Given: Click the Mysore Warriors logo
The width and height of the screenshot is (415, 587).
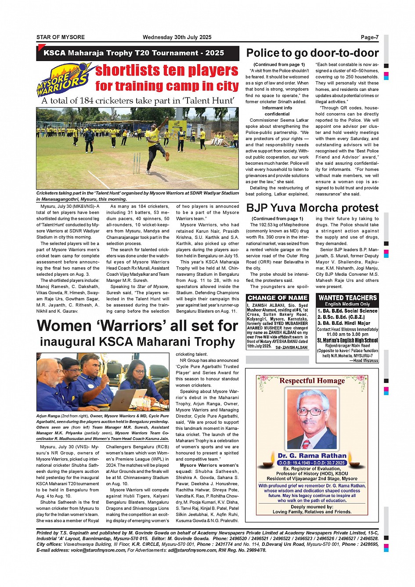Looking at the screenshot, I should pos(65,79).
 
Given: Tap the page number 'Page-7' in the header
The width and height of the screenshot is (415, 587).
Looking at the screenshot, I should pos(369,37).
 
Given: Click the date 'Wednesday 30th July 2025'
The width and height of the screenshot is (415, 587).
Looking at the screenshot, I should pos(177,37).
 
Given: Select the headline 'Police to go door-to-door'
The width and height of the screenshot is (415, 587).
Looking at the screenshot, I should pos(312,53).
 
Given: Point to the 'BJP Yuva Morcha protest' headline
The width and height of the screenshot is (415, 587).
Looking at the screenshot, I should pos(312,208).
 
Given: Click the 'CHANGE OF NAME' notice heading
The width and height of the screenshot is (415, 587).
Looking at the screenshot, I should pos(278,298).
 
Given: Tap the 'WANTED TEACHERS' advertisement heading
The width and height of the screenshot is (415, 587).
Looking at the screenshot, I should pos(347,298).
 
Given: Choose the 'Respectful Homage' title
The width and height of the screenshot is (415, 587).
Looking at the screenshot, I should pos(312,381).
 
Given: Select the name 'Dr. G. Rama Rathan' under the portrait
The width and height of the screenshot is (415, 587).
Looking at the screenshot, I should pos(312,456).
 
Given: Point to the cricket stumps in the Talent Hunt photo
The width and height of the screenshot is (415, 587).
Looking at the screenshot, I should pos(137,164).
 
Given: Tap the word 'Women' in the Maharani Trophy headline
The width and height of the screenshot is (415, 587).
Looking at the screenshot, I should pos(64,326).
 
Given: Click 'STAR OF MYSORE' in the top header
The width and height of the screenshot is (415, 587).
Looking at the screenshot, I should pos(61,37).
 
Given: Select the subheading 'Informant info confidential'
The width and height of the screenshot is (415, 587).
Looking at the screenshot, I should pos(277,111).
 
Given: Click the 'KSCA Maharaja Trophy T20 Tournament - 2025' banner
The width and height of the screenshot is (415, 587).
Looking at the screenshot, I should pos(134,53).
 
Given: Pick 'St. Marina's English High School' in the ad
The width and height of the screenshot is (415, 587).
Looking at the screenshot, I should pos(347,340).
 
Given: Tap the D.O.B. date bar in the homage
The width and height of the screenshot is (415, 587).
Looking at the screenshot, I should pos(312,463).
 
